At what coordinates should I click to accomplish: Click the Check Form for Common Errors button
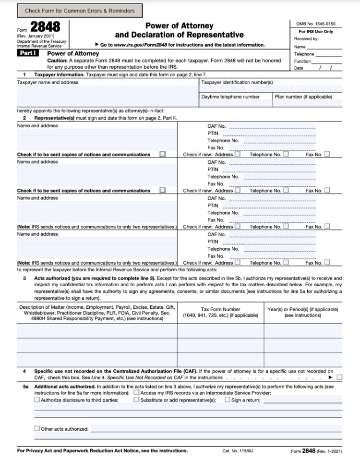tap(80, 10)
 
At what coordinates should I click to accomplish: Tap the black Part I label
tap(28, 53)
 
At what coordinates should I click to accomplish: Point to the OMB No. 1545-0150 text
tap(316, 24)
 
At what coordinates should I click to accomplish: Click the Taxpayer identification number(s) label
tap(237, 82)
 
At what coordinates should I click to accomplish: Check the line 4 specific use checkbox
tap(339, 377)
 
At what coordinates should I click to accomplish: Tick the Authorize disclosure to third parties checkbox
tap(37, 400)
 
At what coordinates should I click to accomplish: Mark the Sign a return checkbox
tap(228, 400)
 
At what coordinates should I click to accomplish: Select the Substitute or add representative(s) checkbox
tap(136, 400)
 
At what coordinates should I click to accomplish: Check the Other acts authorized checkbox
tap(37, 428)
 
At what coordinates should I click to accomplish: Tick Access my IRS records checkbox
tap(136, 392)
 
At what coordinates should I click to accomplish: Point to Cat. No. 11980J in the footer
tap(238, 451)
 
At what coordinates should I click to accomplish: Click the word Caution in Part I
tap(58, 61)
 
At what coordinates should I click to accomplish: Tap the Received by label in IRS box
tap(306, 39)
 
